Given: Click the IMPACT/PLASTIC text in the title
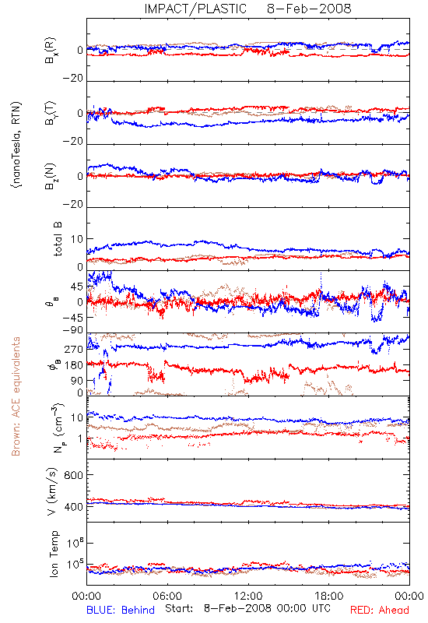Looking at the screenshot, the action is click(x=195, y=9).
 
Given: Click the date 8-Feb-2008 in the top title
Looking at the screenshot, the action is click(x=309, y=9).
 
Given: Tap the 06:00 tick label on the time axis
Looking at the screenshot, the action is click(x=167, y=596).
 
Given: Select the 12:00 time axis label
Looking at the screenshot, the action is click(x=248, y=596).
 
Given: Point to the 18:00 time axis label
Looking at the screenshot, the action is click(x=329, y=596).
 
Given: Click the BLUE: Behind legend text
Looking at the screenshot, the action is click(x=121, y=610).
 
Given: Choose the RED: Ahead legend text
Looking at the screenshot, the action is click(x=380, y=610).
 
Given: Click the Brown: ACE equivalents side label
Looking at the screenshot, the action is click(x=16, y=396).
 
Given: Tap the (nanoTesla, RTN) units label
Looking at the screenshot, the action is click(x=16, y=144).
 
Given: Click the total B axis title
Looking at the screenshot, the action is click(x=57, y=239).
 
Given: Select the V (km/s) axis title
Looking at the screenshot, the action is click(x=52, y=491).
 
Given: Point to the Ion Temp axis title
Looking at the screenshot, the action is click(x=54, y=554).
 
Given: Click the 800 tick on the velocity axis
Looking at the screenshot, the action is click(x=74, y=475).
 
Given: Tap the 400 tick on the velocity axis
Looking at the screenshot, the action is click(x=74, y=507).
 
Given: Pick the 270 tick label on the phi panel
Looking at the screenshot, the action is click(x=74, y=350).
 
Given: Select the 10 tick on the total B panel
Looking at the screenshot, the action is click(x=77, y=239).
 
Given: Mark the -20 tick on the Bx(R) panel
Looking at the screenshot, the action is click(x=73, y=79).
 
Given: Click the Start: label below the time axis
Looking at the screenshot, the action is click(x=180, y=608).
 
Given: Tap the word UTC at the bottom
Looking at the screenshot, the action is click(x=321, y=608).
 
